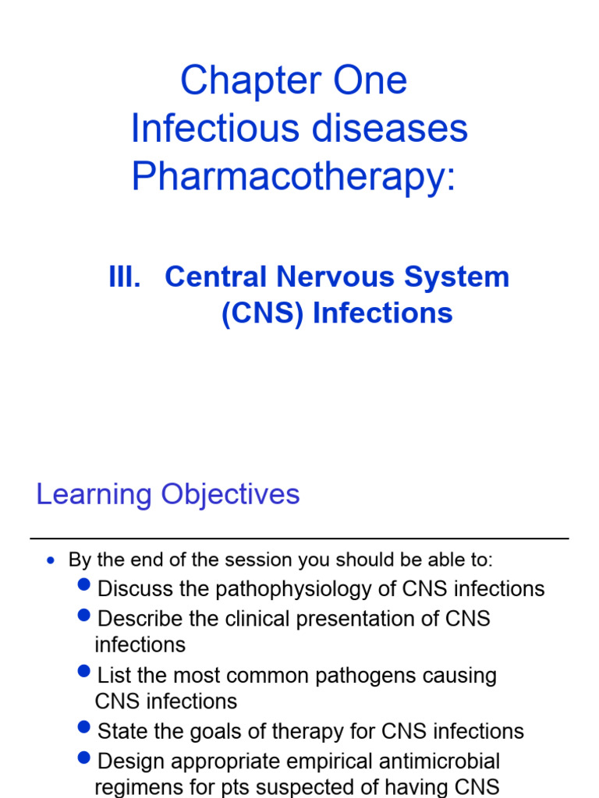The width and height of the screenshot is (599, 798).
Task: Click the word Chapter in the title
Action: click(239, 81)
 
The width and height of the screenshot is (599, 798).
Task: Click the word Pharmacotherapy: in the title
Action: click(293, 177)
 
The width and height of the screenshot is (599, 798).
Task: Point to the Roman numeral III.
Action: click(125, 277)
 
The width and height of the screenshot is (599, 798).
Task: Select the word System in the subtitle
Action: click(462, 277)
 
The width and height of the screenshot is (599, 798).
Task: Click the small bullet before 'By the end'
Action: click(51, 561)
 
